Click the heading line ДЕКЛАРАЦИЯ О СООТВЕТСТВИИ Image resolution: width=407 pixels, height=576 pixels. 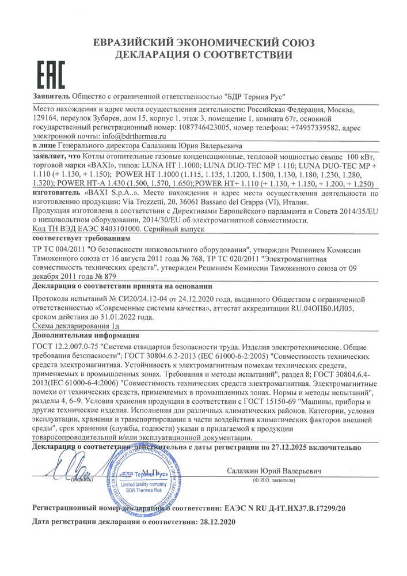click(x=203, y=55)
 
